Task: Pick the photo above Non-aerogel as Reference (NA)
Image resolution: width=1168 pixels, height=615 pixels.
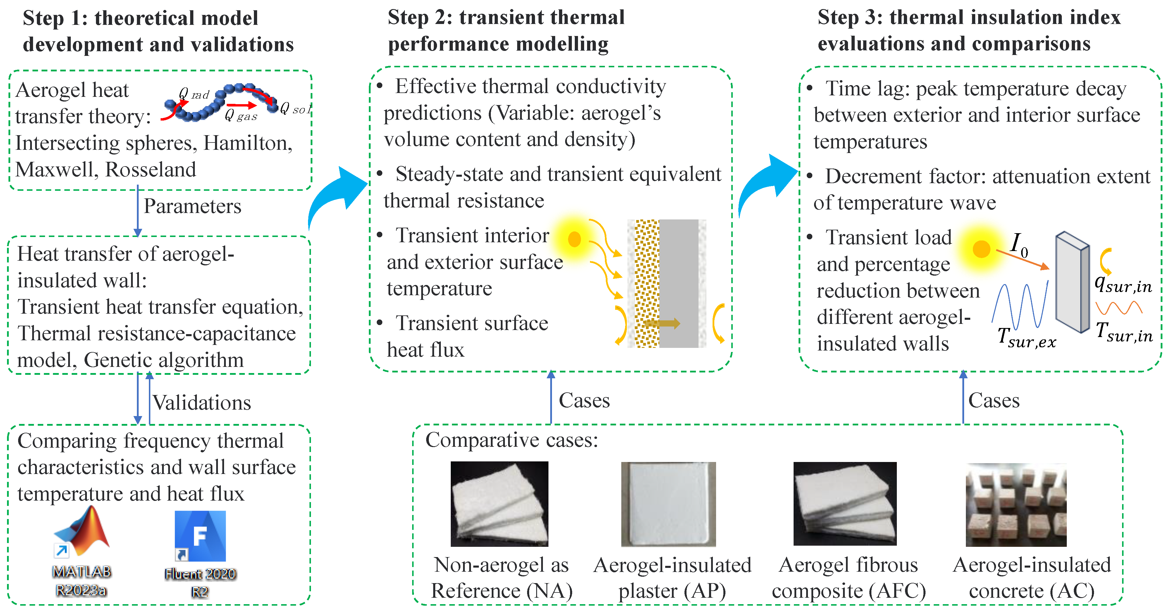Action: click(x=499, y=504)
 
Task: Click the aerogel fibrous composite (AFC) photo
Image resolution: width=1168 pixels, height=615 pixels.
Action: click(x=845, y=504)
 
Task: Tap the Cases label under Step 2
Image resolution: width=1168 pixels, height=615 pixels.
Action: click(x=584, y=401)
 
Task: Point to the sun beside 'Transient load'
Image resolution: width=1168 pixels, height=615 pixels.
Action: click(x=981, y=248)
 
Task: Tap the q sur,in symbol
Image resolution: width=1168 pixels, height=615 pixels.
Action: click(x=1123, y=284)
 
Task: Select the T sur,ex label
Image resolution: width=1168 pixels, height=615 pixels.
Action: click(x=1026, y=338)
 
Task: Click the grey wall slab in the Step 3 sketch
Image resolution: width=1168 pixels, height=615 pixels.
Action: click(x=1072, y=282)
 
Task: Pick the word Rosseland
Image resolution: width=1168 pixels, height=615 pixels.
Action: click(x=151, y=170)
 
